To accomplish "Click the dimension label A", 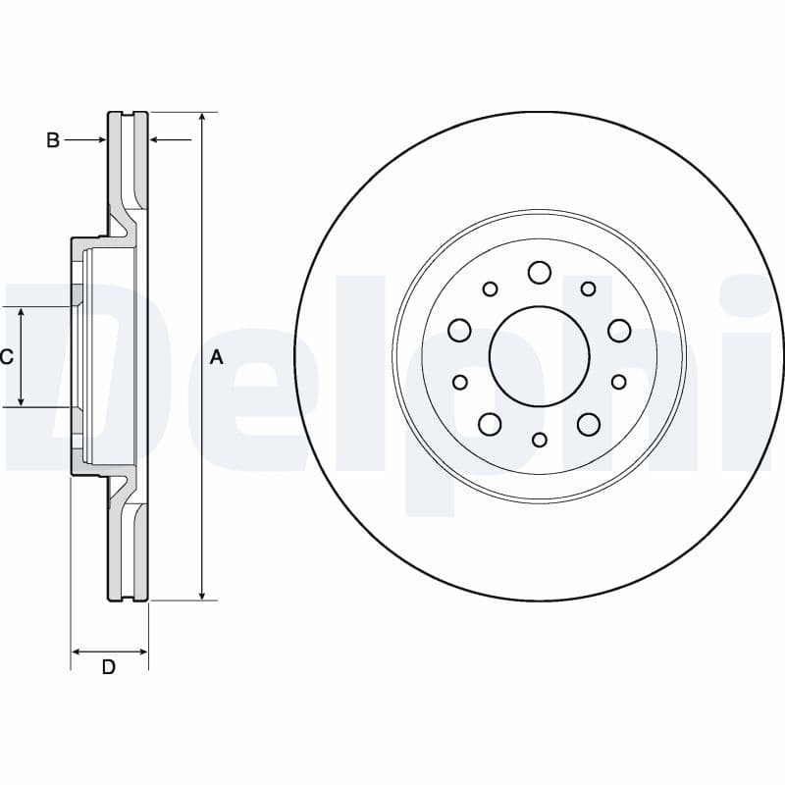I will (x=217, y=357).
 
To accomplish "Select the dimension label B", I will (x=53, y=140).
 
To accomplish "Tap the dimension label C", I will (x=7, y=357).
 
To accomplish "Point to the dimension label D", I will (x=109, y=667).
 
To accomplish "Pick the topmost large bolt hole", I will (x=539, y=272).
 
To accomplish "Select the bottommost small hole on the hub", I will (x=539, y=440).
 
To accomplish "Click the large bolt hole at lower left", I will (x=490, y=424).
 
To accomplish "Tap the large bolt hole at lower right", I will (x=589, y=424).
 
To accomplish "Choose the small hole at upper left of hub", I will (x=490, y=288).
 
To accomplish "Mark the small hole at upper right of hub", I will (x=589, y=288).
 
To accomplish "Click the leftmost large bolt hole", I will (x=459, y=331).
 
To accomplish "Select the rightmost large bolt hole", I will (x=619, y=331).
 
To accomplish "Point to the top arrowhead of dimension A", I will (x=202, y=118).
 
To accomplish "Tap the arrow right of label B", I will (x=100, y=140).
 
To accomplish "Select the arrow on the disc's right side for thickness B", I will (x=154, y=140).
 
